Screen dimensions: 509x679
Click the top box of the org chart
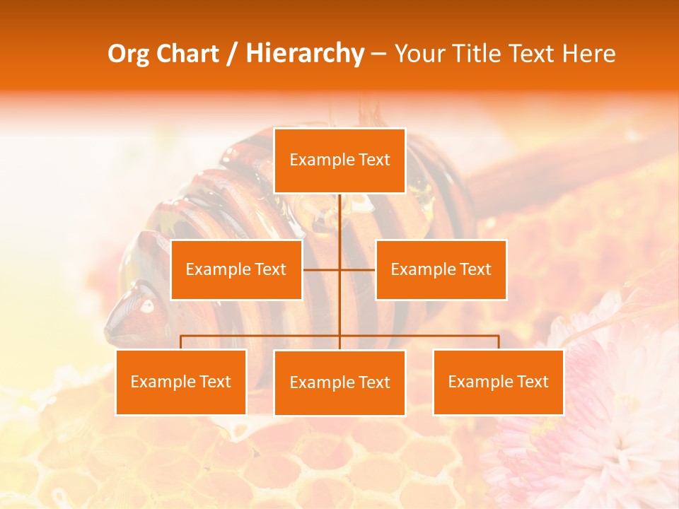(x=339, y=160)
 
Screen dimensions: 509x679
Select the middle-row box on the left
(x=236, y=269)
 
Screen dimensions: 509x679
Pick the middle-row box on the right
(x=441, y=269)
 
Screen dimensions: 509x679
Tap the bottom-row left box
(x=180, y=382)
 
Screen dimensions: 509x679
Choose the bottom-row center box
(x=339, y=382)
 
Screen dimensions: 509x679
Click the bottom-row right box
(x=498, y=382)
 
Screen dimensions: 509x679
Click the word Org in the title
(x=129, y=54)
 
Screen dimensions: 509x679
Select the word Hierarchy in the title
(x=305, y=54)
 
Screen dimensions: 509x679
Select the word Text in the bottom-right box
(x=532, y=382)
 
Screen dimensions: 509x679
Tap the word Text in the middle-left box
(x=269, y=269)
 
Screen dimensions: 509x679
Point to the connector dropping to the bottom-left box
(x=180, y=342)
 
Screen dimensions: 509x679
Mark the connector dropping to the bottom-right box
(x=499, y=342)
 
